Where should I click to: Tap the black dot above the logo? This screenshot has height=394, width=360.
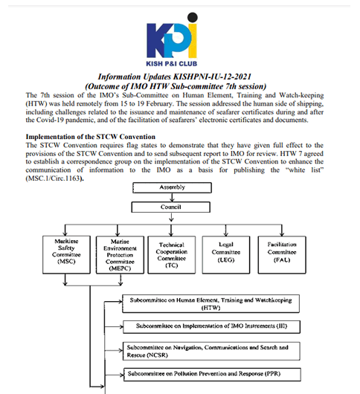coord(193,17)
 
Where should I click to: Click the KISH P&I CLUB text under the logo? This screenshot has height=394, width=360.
coord(172,64)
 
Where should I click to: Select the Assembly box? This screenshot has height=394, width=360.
coord(173,187)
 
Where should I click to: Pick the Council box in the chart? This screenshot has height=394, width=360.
coord(171,207)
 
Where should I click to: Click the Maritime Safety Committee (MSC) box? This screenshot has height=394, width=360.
coord(66,254)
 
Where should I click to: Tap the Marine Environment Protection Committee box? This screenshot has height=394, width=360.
coord(120,255)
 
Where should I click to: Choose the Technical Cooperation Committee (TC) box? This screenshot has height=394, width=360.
coord(172,255)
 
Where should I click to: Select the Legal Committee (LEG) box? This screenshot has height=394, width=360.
coord(226,254)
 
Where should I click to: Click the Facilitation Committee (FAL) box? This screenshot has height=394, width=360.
coord(282,254)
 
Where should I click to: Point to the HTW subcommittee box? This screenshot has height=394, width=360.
coord(211,303)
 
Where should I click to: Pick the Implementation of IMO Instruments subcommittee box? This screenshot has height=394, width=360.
coord(211,326)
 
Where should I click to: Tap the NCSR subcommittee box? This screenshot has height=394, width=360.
coord(211,351)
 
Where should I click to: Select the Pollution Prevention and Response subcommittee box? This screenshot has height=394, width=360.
coord(212,375)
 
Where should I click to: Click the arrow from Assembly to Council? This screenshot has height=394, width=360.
coord(173,198)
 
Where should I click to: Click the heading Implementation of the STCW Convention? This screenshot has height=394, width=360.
coord(91,137)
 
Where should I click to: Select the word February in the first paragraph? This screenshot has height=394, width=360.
coord(159,103)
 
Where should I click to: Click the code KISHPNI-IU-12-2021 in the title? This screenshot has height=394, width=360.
coord(212,77)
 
